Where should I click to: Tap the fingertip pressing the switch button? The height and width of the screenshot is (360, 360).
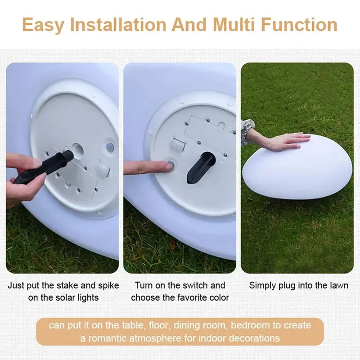167,166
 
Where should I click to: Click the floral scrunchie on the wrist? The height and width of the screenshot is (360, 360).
247,131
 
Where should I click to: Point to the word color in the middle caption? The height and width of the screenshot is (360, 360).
219,297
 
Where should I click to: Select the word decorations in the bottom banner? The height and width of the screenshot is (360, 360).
254,337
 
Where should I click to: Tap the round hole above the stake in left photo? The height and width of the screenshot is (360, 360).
78,148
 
